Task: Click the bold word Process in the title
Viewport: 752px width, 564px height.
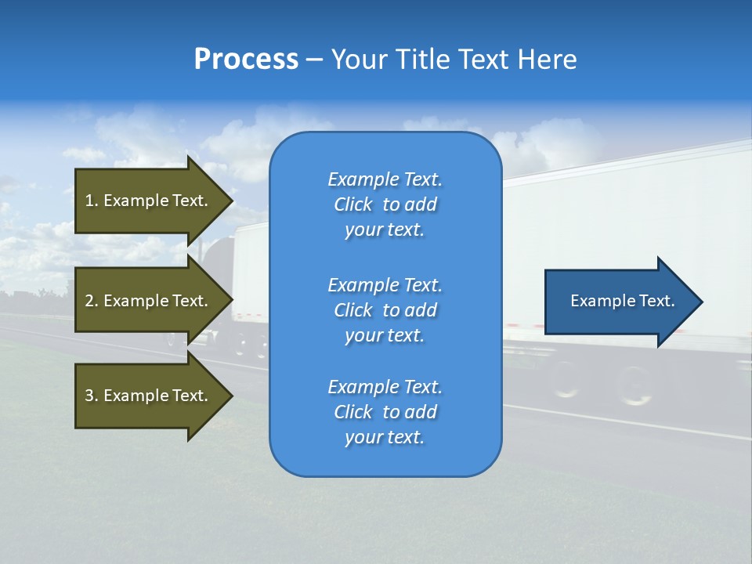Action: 246,60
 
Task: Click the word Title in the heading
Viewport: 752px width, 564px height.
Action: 424,60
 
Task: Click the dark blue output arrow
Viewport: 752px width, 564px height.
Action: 611,302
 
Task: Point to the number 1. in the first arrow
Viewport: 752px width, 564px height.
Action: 91,201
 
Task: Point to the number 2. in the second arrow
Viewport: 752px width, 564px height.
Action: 91,301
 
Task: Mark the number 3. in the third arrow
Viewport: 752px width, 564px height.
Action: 91,396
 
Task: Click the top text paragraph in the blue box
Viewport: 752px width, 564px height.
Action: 385,204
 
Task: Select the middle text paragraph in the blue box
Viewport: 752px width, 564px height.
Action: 385,310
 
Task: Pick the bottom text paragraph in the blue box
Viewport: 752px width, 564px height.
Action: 385,412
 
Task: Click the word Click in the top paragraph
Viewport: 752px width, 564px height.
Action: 352,204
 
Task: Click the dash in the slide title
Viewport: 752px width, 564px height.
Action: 314,60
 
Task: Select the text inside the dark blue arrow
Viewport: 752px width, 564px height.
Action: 622,301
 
